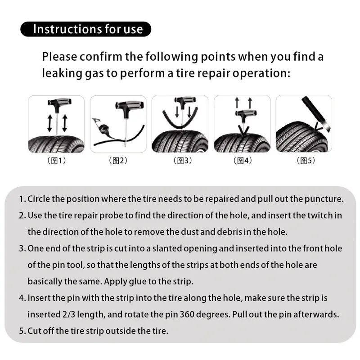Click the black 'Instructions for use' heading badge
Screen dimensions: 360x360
click(x=85, y=29)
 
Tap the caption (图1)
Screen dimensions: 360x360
click(x=57, y=161)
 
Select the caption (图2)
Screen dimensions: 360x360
click(x=118, y=161)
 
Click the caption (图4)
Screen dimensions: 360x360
click(x=242, y=161)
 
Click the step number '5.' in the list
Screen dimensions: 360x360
click(x=22, y=331)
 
